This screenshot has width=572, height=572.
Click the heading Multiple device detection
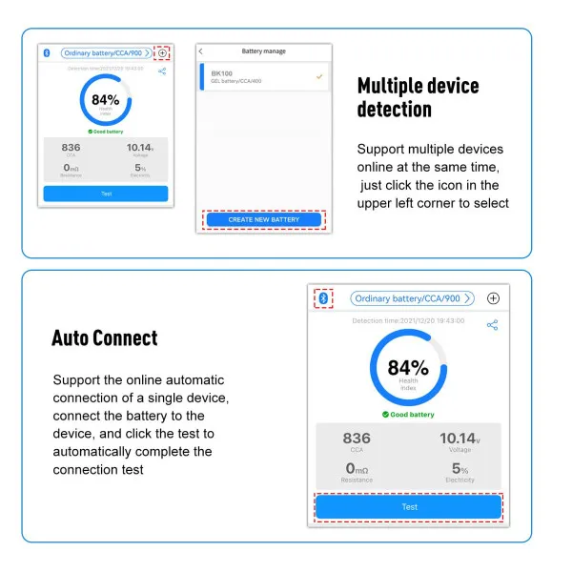point(418,97)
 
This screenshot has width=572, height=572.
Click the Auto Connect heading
point(104,337)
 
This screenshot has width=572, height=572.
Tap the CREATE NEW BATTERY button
point(264,219)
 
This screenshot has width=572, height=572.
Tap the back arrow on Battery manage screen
point(201,51)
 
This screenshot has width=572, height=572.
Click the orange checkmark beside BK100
point(319,75)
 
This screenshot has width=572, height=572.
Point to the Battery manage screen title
point(264,51)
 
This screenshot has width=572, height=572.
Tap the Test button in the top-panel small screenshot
point(105,194)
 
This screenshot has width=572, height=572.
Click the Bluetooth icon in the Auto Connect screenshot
point(323,298)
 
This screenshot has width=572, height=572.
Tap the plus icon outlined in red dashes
point(162,53)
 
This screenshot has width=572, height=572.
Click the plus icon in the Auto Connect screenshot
point(493,298)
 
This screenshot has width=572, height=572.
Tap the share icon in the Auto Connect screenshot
point(492,325)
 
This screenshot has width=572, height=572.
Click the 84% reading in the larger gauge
point(408,368)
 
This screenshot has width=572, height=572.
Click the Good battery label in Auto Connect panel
point(408,415)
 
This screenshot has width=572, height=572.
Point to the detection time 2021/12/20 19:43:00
point(408,320)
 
